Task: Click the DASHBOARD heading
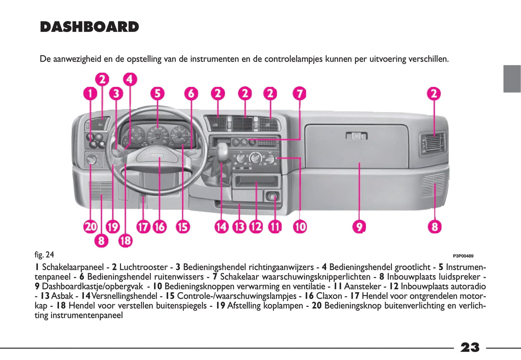coord(89,27)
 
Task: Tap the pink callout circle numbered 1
coord(90,94)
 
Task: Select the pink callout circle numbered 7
coord(299,94)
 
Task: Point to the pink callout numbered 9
coord(359,227)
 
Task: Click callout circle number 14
coord(221,227)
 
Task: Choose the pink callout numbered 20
coord(90,227)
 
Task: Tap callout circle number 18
coord(125,240)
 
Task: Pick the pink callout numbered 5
coord(157,94)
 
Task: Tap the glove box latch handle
coord(356,136)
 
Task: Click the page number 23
coord(470,347)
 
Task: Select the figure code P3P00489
coord(463,256)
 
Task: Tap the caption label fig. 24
coord(44,255)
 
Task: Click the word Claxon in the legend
coord(329,296)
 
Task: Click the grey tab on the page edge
coord(512,79)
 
